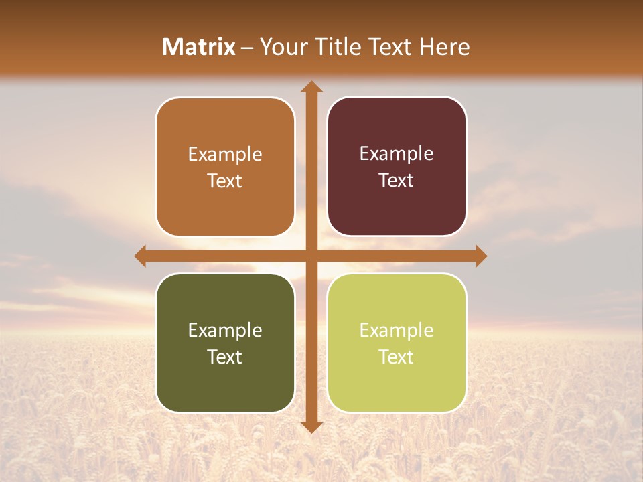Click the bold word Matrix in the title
click(x=199, y=47)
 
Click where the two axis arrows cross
click(x=311, y=256)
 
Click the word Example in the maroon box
click(x=397, y=154)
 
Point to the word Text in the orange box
click(x=225, y=181)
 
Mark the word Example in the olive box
click(x=225, y=330)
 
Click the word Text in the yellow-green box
click(x=397, y=357)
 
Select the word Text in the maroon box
click(x=397, y=181)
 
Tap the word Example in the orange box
click(x=225, y=155)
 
